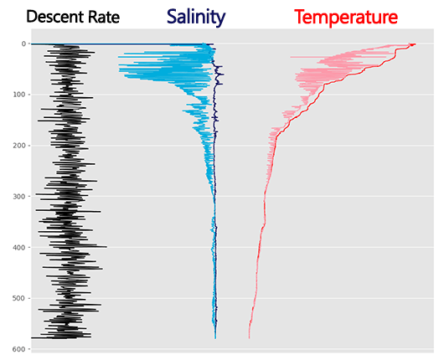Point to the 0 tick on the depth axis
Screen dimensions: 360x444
(x=23, y=44)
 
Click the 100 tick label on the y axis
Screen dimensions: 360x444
(x=18, y=95)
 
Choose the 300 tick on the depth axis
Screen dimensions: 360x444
(x=18, y=197)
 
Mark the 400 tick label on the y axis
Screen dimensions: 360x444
(x=18, y=248)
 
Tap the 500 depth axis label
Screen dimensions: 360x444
(x=18, y=299)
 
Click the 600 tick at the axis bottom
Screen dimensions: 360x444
(x=18, y=349)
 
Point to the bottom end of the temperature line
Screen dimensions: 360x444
(x=249, y=338)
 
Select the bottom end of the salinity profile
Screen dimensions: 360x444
(x=215, y=338)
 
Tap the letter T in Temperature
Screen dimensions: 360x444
(x=301, y=17)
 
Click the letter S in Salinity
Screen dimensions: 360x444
(x=173, y=17)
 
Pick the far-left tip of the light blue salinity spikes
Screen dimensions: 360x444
(x=117, y=55)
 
